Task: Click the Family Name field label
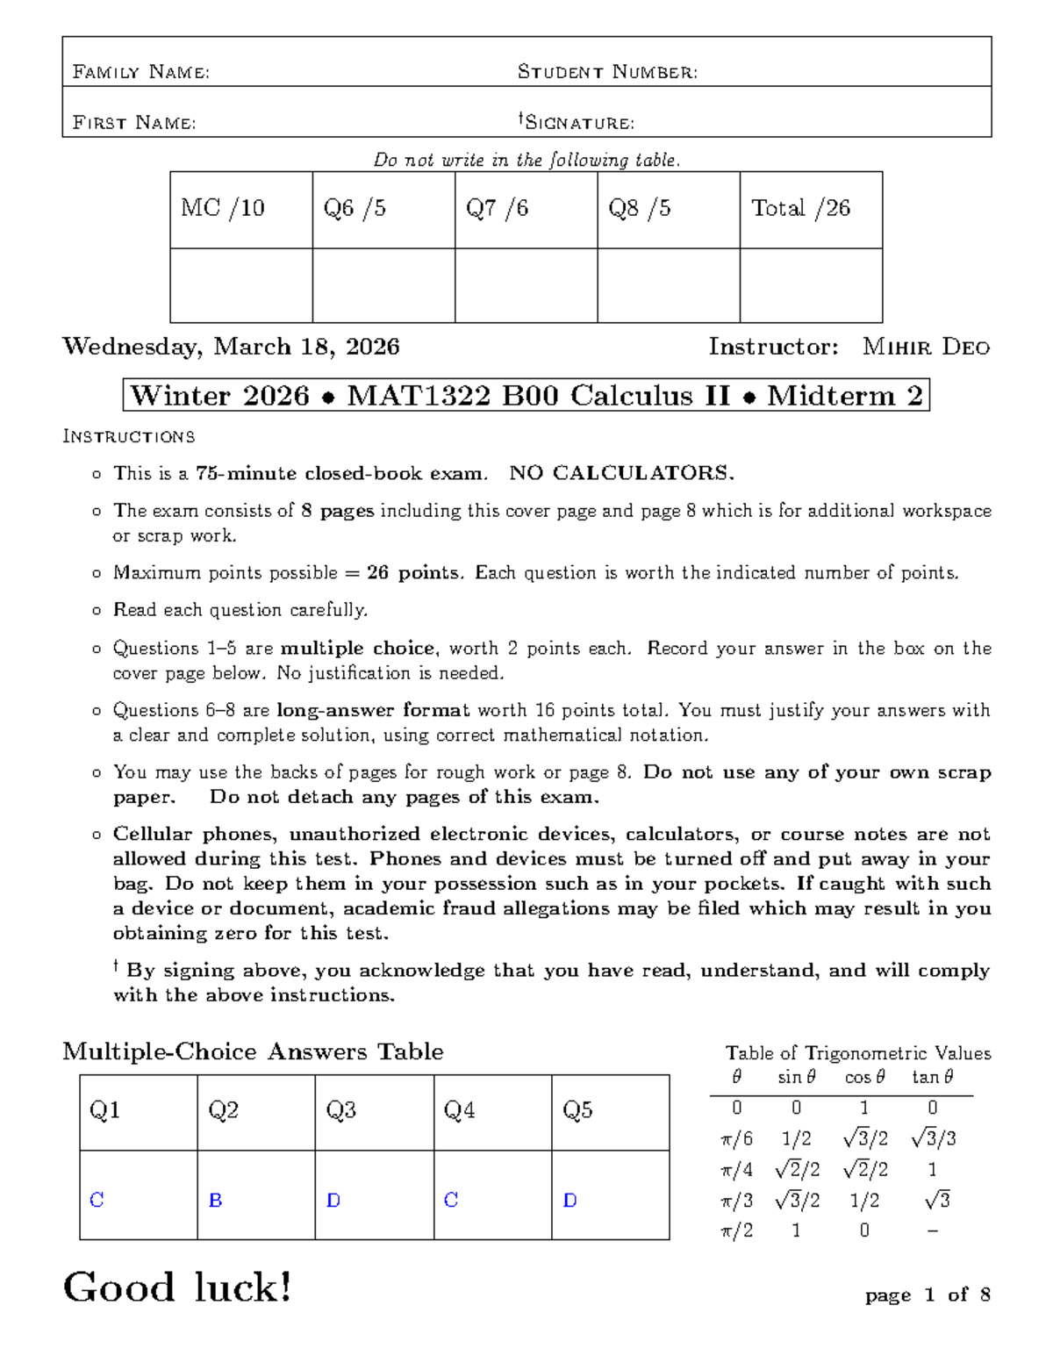[140, 72]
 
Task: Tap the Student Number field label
[607, 72]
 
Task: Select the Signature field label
[577, 122]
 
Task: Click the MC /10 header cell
[223, 208]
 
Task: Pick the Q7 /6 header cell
[498, 208]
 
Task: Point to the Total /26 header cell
[800, 208]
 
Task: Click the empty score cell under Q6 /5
[383, 285]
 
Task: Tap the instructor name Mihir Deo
[926, 348]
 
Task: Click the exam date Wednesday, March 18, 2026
[231, 348]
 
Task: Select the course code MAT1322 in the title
[419, 397]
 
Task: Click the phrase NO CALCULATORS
[621, 474]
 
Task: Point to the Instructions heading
[129, 437]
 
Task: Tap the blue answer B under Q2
[215, 1201]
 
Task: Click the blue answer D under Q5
[569, 1201]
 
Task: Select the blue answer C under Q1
[97, 1201]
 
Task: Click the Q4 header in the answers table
[459, 1111]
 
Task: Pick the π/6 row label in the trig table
[736, 1139]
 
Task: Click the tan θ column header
[932, 1077]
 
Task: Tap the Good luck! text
[177, 1288]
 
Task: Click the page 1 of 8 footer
[928, 1295]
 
